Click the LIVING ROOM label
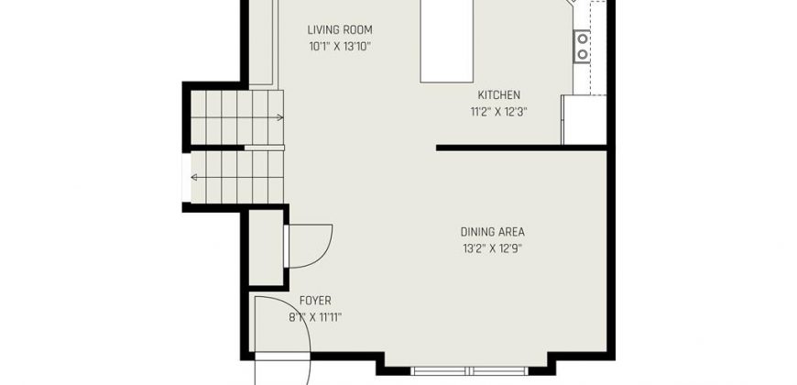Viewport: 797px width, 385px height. pos(340,29)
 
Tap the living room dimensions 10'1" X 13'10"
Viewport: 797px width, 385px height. pos(340,47)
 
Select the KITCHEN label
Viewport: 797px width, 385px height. pos(498,95)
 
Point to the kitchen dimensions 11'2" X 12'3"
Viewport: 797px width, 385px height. pos(498,112)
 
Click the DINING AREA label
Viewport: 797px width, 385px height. pos(493,232)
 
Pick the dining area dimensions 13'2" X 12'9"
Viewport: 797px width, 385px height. pos(493,248)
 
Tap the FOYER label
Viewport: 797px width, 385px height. pos(315,301)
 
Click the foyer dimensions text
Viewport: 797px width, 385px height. pos(315,318)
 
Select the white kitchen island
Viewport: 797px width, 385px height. pos(447,41)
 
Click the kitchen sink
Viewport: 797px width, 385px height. pos(582,46)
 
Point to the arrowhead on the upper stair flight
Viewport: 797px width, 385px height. pos(280,117)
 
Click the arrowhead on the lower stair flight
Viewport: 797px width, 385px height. pos(193,178)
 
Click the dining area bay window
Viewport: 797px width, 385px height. pos(469,370)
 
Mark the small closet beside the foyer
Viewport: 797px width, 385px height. pos(266,247)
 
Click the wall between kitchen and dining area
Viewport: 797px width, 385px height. pos(521,148)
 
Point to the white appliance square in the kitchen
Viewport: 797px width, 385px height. pos(584,120)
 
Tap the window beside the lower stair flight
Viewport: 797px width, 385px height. pos(187,178)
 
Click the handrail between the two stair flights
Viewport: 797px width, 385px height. pos(264,148)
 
